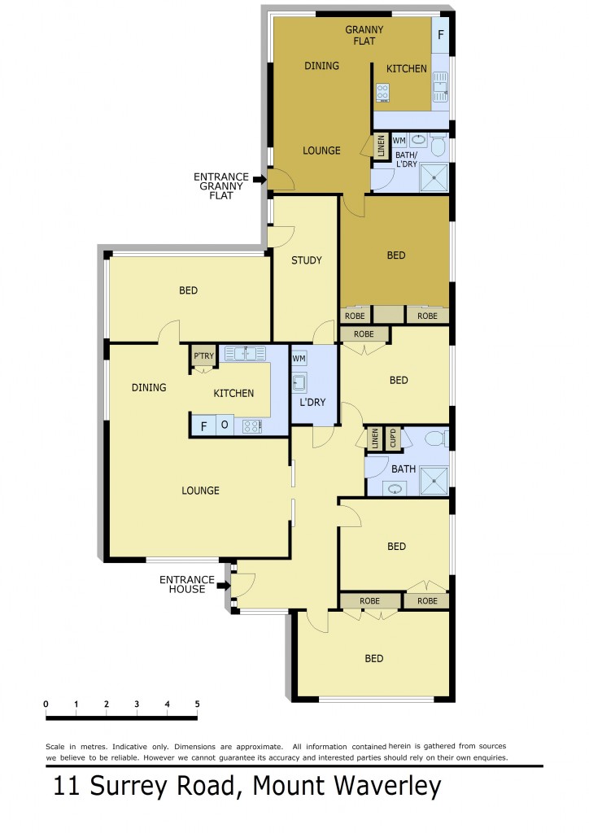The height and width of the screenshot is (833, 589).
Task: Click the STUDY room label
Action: (307, 260)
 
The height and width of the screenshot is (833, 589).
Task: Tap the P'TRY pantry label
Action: (204, 356)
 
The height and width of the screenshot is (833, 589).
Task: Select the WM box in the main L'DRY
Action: (299, 359)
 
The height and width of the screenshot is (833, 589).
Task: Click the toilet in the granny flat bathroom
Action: (438, 145)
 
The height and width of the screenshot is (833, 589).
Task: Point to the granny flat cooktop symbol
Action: (382, 93)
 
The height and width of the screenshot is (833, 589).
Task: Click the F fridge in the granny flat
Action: (440, 35)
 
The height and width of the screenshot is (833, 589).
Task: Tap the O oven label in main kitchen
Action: (225, 425)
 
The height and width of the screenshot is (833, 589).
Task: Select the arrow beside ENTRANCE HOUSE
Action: (224, 586)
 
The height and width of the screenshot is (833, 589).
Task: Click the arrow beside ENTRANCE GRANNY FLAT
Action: (260, 180)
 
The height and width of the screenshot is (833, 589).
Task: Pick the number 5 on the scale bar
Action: (197, 704)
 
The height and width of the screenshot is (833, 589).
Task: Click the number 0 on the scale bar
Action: (46, 704)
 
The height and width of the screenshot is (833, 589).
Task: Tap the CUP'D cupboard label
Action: (393, 438)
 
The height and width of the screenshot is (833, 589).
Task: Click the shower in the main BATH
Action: (434, 481)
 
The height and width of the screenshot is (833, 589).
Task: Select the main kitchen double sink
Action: (245, 353)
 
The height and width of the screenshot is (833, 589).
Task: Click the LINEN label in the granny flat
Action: (381, 146)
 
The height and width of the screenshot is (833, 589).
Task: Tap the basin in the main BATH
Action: (395, 488)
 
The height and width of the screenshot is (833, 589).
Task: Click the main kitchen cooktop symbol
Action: (251, 425)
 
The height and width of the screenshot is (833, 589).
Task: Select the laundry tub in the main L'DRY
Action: (299, 382)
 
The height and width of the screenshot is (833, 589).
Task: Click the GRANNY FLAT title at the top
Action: (364, 35)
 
